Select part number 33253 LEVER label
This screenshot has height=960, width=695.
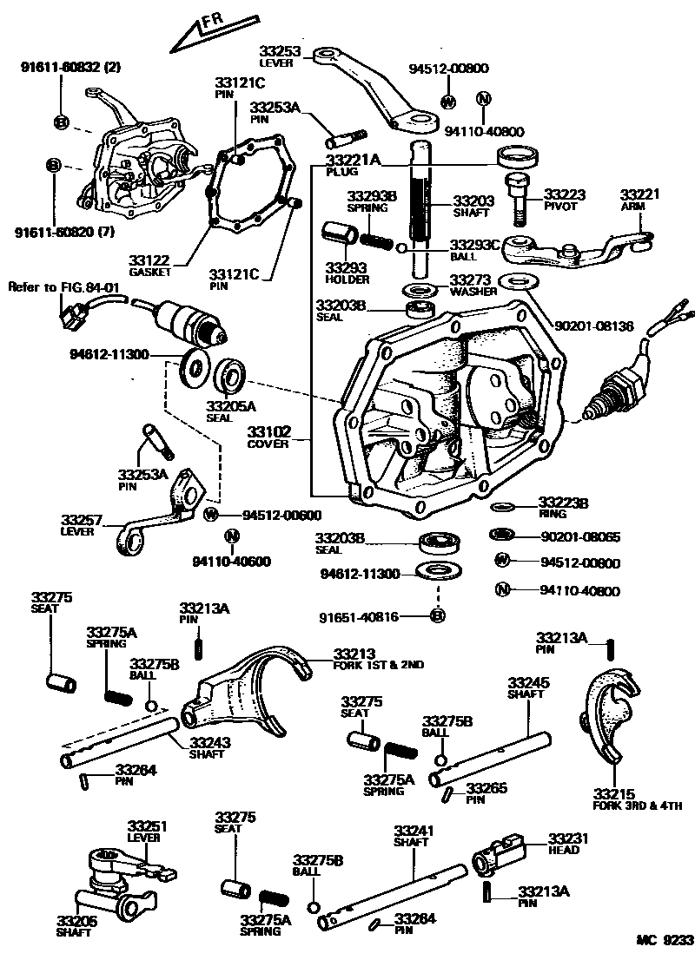[x=280, y=56]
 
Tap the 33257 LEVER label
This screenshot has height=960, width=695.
[x=82, y=524]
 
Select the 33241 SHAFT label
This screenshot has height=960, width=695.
[x=411, y=835]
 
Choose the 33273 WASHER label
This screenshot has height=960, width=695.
[x=473, y=286]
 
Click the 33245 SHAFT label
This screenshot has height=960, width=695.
[x=526, y=687]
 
